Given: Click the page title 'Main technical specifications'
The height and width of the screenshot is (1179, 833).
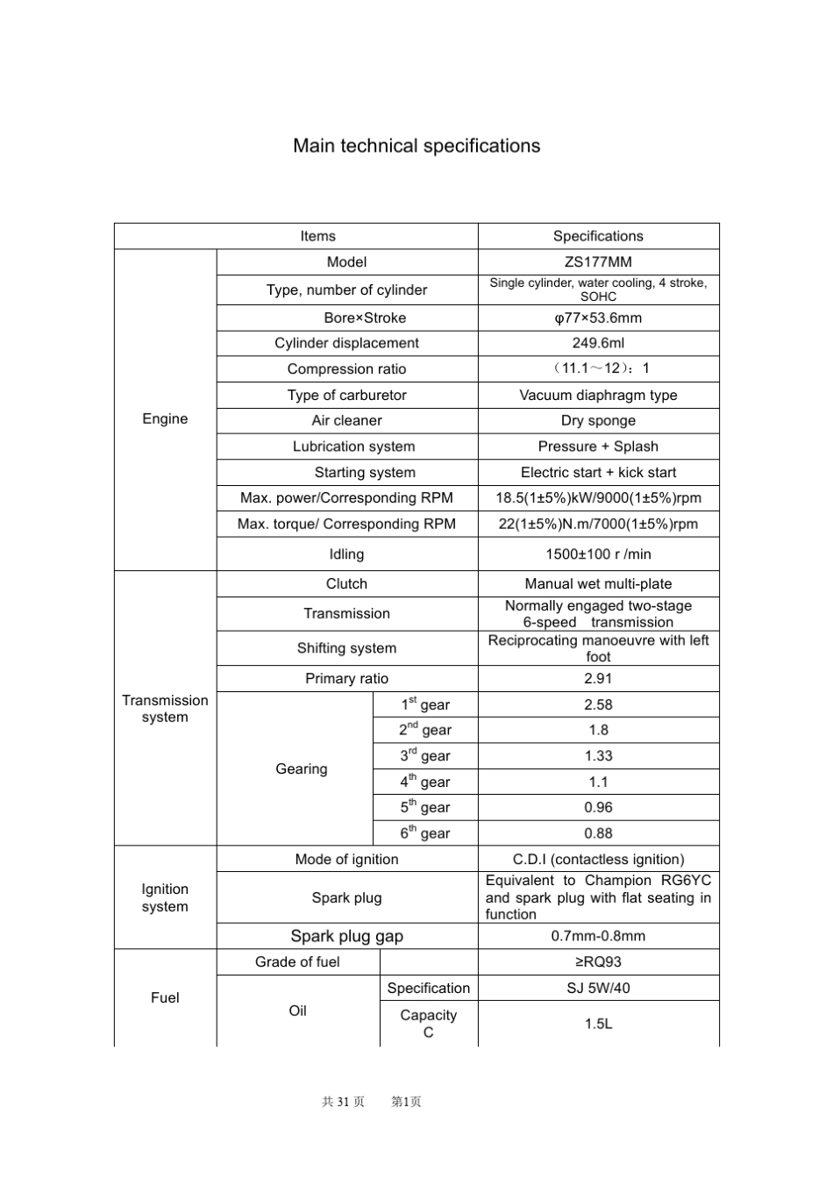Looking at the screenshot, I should point(416,146).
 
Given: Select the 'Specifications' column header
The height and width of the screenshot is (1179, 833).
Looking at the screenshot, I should point(598,236).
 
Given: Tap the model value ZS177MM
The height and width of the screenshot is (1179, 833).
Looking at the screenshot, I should point(598,262).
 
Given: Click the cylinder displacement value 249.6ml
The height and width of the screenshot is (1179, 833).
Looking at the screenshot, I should point(598,343).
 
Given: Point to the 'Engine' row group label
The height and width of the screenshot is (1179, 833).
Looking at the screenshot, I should point(165,418).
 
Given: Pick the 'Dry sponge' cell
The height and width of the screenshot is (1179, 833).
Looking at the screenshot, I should point(598,420).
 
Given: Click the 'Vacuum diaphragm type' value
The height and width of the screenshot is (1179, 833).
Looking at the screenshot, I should point(598,395).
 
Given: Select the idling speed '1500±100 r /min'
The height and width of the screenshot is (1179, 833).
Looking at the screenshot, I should point(598,554).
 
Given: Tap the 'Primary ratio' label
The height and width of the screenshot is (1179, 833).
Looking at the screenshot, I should point(346,678).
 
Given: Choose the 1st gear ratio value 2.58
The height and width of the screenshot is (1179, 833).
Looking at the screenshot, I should point(598,704).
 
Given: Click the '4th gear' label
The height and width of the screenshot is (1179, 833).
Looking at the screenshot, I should point(425,782).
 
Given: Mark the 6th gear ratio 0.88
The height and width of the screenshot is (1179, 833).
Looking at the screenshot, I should point(598,833).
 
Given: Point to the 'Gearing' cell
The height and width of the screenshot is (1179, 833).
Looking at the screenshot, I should point(301,768).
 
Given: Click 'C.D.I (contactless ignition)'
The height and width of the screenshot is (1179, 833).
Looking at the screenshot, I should point(598,859).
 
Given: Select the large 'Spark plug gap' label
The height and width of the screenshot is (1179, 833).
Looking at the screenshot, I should point(346,936).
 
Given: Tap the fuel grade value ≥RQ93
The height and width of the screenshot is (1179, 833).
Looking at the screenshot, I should point(598,961).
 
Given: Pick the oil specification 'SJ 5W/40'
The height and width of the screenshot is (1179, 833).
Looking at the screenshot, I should point(598,988).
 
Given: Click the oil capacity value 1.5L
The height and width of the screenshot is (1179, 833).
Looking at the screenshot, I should point(598,1024).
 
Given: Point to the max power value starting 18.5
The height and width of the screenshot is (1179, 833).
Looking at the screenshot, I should point(598,497).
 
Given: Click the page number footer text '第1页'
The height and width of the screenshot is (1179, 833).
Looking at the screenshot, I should point(406,1102).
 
